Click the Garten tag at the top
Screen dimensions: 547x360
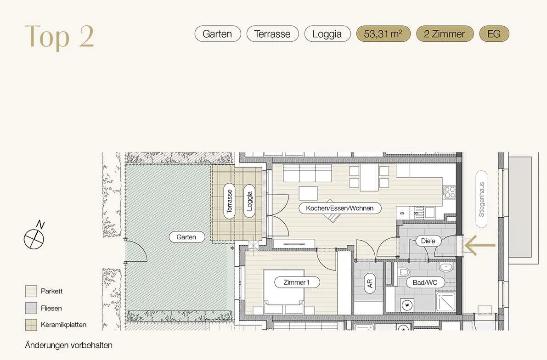click(217, 34)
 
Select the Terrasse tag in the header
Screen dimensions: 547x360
click(272, 34)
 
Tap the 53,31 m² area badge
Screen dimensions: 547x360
click(383, 34)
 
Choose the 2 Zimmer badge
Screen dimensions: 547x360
click(445, 34)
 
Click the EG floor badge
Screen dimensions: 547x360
click(494, 34)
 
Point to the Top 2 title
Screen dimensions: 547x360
click(60, 36)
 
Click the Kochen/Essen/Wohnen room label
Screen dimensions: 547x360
click(340, 208)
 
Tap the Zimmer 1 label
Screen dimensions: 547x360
click(297, 282)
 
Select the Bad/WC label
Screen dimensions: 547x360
click(425, 282)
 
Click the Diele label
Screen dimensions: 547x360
click(428, 241)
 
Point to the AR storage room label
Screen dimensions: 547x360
click(370, 284)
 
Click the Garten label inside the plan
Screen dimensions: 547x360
click(186, 237)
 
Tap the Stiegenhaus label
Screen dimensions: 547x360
click(481, 199)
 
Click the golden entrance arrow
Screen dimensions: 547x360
click(480, 245)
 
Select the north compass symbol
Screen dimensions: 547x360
click(34, 237)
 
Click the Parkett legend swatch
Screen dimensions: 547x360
click(31, 291)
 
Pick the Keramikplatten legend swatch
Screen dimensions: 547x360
click(31, 325)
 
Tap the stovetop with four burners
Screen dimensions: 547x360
click(449, 192)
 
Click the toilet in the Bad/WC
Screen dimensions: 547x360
click(404, 272)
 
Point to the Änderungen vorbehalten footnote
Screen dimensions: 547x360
click(69, 345)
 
